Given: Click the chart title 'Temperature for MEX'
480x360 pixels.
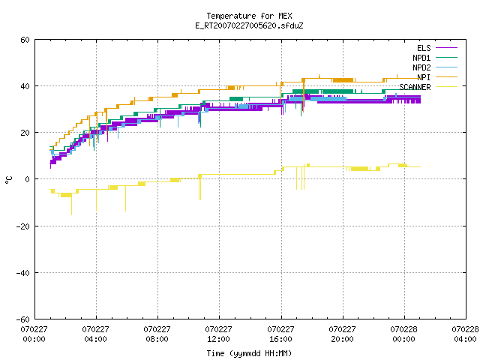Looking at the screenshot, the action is pos(249,16).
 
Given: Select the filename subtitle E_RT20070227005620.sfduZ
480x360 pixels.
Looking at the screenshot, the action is pos(249,25).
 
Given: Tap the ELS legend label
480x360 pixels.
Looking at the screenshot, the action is pos(424,48).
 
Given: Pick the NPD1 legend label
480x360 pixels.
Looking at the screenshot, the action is pos(421,58).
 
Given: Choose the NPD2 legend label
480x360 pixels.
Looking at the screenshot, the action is pos(421,67).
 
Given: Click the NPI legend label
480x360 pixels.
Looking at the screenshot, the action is pos(424,77).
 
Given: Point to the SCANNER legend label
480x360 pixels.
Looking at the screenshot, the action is pos(415,87).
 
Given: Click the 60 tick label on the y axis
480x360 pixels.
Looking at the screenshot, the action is pos(25,40).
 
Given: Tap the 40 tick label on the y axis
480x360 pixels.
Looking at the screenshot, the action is pos(25,86).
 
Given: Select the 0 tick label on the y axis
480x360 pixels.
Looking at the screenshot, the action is pos(28,179).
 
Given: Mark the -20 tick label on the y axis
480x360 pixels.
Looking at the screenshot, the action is pos(23,226).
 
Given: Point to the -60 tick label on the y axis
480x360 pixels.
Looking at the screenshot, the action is pos(23,319).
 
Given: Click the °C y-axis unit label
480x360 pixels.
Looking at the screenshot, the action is pos(9,180).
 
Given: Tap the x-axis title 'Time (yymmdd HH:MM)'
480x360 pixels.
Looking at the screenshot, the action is pos(249,353).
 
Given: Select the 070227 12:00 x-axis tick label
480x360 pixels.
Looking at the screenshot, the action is pos(218,334).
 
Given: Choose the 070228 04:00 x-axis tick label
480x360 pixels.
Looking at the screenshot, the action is pos(465,334).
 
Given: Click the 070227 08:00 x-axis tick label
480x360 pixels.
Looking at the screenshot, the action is pos(157,334).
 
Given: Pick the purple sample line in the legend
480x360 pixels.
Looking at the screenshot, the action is pos(447,48).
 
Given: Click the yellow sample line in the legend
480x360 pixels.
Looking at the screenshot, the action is pos(447,87).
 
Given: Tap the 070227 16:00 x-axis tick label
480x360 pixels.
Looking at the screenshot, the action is pos(280,334).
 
